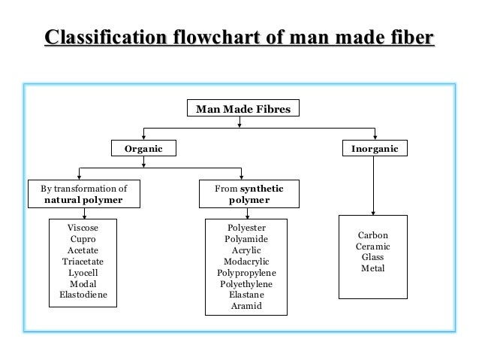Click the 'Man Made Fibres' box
[239, 109]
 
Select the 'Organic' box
[143, 149]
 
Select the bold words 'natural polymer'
[83, 201]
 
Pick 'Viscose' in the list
[83, 226]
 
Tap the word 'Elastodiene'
[83, 295]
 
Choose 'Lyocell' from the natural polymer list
[83, 272]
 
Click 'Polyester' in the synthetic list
[246, 227]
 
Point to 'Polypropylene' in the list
[246, 273]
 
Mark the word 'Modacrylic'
[246, 262]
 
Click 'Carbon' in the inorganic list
[372, 234]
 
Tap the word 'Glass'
[372, 257]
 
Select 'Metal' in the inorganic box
[372, 268]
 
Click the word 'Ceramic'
[372, 246]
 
